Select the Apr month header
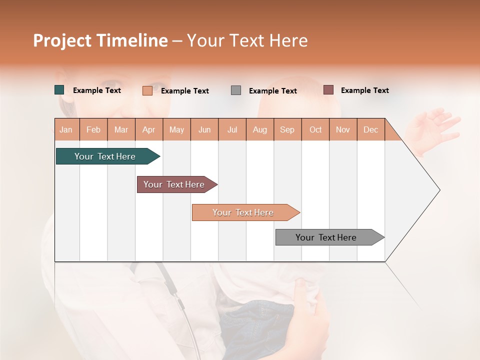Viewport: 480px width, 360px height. (149, 129)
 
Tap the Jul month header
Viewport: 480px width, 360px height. (232, 129)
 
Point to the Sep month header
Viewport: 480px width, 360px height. (287, 129)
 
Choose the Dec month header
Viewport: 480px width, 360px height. (370, 129)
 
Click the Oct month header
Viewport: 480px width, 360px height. (315, 129)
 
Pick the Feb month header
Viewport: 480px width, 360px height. (93, 129)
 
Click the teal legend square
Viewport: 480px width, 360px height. (59, 90)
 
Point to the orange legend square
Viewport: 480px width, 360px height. (147, 90)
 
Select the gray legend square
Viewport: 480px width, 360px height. (236, 90)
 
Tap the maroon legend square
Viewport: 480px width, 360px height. (328, 90)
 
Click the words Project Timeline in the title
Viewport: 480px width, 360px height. (100, 40)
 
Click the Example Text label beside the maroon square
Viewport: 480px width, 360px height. (364, 90)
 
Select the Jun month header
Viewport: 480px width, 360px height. (204, 129)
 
